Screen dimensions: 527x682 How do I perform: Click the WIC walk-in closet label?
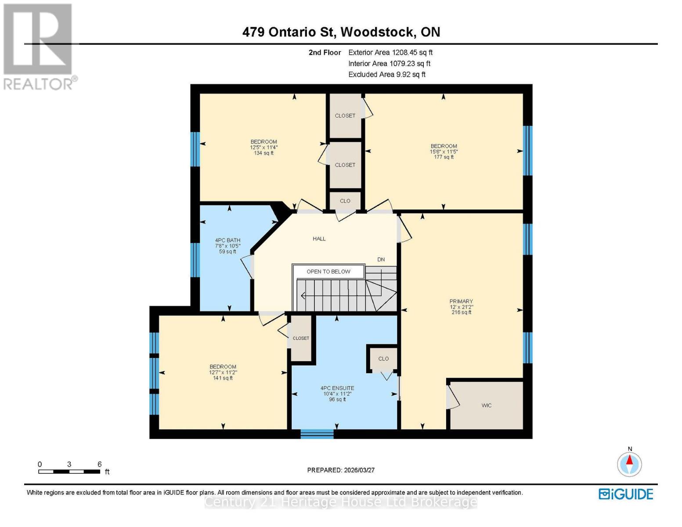pyautogui.click(x=486, y=405)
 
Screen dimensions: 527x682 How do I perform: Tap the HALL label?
pyautogui.click(x=319, y=238)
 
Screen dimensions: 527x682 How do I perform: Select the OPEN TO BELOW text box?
pyautogui.click(x=328, y=271)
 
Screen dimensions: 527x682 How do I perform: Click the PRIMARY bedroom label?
pyautogui.click(x=461, y=301)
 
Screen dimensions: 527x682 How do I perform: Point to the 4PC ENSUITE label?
pyautogui.click(x=337, y=388)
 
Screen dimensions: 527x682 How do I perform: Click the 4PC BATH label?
pyautogui.click(x=227, y=240)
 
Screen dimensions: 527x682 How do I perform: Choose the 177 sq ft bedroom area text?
pyautogui.click(x=444, y=157)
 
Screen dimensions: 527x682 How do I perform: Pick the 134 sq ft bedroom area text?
pyautogui.click(x=263, y=153)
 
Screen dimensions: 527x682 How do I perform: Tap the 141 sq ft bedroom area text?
pyautogui.click(x=223, y=378)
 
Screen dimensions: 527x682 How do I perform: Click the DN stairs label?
pyautogui.click(x=381, y=260)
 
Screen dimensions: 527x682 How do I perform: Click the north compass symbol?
pyautogui.click(x=629, y=464)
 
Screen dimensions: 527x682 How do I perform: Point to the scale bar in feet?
pyautogui.click(x=69, y=472)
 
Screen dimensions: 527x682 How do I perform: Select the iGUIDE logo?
pyautogui.click(x=626, y=494)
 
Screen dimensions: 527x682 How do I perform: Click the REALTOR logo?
pyautogui.click(x=39, y=46)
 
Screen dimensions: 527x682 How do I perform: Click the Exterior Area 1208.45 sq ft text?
pyautogui.click(x=390, y=52)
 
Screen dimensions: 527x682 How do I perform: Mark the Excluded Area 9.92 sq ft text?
pyautogui.click(x=386, y=74)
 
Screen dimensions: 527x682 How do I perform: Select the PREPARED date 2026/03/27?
pyautogui.click(x=341, y=470)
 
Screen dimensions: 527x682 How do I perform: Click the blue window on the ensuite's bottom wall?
pyautogui.click(x=317, y=434)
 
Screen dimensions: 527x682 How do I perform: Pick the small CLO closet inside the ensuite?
pyautogui.click(x=383, y=359)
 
